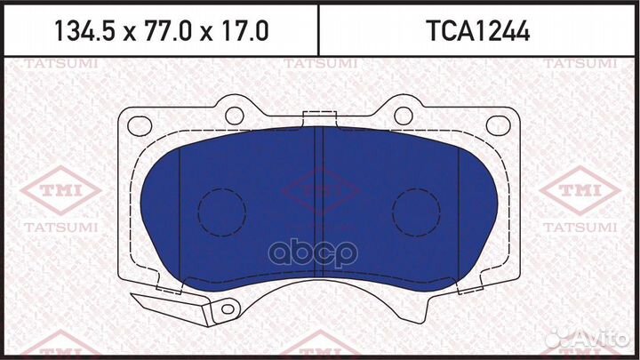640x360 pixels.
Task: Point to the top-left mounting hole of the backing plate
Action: [235, 115]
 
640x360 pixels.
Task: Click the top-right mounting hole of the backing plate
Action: [403, 115]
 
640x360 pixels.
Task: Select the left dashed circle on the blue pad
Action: [220, 212]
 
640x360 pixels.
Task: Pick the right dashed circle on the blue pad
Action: [418, 212]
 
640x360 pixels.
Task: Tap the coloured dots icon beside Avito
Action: [559, 338]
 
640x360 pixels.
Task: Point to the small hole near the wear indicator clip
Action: [228, 308]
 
